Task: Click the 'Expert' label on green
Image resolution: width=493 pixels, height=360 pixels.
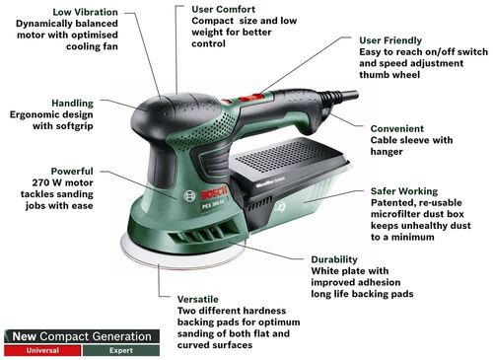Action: (119, 349)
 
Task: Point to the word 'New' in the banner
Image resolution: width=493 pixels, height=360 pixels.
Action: (25, 335)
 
